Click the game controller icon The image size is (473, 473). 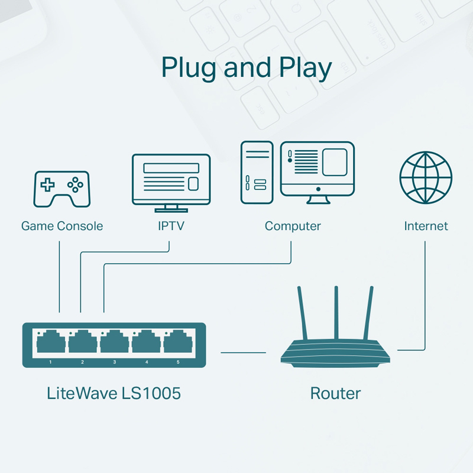61,189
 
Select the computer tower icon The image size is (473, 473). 257,172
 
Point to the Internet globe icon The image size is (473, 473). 426,177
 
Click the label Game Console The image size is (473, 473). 62,226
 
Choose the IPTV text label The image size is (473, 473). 171,226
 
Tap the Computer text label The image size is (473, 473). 293,226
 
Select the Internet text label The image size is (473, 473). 426,226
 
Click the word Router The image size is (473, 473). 335,393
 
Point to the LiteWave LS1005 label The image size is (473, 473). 114,393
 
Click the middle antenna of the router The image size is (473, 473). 336,313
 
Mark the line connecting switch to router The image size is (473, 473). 243,352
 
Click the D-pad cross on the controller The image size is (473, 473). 47,184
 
